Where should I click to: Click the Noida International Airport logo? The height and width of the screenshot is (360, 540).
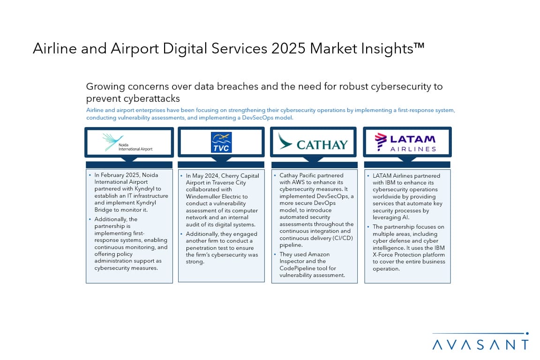tap(127, 142)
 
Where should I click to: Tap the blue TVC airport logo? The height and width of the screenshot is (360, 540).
tap(221, 142)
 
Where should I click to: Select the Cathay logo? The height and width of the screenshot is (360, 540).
tap(313, 142)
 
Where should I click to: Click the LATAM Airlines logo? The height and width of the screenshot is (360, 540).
tap(405, 142)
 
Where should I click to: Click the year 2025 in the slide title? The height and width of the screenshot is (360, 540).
tap(288, 49)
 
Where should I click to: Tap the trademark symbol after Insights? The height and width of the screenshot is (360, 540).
tap(419, 46)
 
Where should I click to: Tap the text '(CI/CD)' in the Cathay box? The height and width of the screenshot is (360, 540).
tap(343, 238)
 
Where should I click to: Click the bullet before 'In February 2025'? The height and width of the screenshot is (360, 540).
tap(90, 175)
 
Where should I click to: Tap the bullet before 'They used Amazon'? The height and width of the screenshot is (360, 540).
tap(275, 254)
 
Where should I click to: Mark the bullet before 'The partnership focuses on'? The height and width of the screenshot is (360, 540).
tap(368, 227)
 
